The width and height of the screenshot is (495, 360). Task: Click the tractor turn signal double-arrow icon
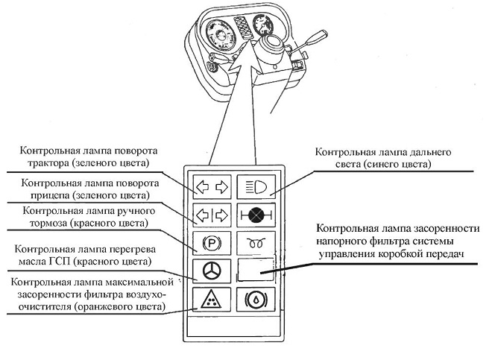(x=212, y=187)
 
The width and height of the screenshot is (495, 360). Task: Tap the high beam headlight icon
(x=256, y=187)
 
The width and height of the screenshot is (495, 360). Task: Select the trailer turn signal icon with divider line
(x=212, y=216)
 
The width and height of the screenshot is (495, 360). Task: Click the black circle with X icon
(x=256, y=215)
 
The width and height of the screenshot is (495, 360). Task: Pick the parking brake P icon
(x=212, y=243)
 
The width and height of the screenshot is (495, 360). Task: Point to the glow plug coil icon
(x=256, y=244)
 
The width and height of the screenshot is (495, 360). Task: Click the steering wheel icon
(x=212, y=271)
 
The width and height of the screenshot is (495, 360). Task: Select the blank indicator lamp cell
(x=256, y=270)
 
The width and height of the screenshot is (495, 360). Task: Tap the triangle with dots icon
(x=211, y=300)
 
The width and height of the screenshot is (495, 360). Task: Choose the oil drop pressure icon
(x=256, y=300)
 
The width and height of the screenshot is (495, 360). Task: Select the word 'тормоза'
(x=48, y=223)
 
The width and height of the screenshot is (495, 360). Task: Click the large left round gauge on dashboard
(x=221, y=37)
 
